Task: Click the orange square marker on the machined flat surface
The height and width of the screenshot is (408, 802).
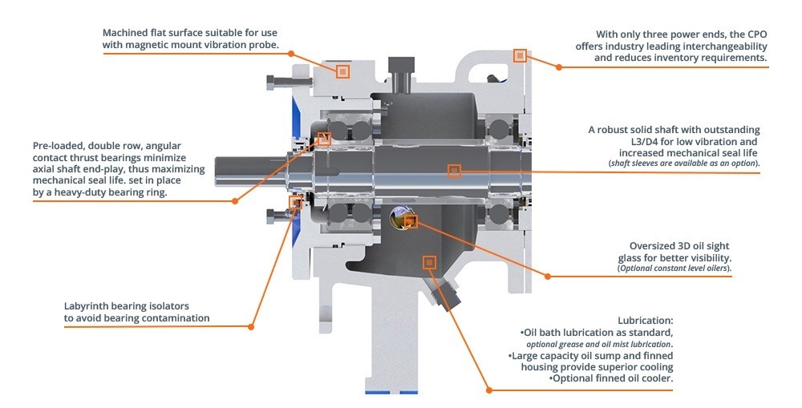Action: click(x=343, y=71)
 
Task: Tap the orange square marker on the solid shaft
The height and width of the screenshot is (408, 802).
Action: click(x=454, y=171)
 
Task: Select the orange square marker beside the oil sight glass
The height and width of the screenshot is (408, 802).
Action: click(x=411, y=221)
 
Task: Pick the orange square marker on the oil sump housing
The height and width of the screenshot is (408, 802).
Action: click(x=429, y=262)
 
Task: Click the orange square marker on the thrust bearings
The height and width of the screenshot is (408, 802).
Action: click(x=325, y=138)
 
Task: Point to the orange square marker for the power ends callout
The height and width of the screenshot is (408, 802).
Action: click(x=520, y=55)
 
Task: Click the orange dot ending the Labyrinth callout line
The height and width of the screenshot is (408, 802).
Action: click(x=251, y=326)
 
